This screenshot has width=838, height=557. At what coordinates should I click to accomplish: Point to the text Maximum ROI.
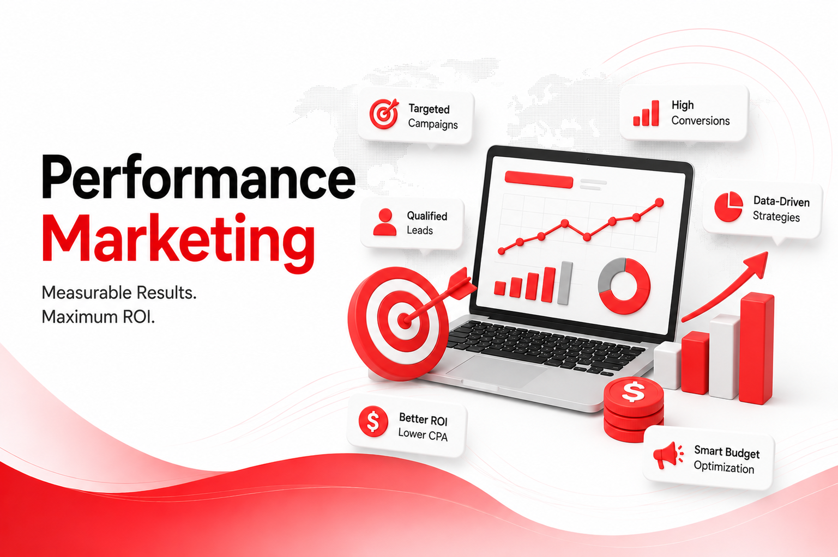pyautogui.click(x=98, y=317)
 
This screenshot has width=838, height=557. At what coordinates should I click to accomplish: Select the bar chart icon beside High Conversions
pyautogui.click(x=646, y=113)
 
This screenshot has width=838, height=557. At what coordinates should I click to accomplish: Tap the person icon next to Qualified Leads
pyautogui.click(x=384, y=222)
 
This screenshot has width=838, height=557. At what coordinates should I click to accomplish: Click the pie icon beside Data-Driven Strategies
pyautogui.click(x=728, y=206)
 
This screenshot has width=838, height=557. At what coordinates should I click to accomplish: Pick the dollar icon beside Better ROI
pyautogui.click(x=373, y=421)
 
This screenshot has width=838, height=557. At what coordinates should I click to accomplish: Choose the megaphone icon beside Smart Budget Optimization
pyautogui.click(x=668, y=455)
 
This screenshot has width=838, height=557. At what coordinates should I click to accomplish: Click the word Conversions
pyautogui.click(x=700, y=121)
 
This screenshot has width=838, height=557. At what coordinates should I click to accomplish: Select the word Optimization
pyautogui.click(x=724, y=467)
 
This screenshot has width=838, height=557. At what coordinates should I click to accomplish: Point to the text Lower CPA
pyautogui.click(x=423, y=434)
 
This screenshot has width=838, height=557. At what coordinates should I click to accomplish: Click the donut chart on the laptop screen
pyautogui.click(x=624, y=286)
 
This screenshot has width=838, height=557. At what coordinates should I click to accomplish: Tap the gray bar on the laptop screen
pyautogui.click(x=565, y=283)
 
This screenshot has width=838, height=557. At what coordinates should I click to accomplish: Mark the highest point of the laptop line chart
pyautogui.click(x=660, y=203)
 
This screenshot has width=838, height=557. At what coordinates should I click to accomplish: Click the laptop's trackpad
pyautogui.click(x=496, y=371)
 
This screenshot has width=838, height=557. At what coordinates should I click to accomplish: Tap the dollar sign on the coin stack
pyautogui.click(x=633, y=391)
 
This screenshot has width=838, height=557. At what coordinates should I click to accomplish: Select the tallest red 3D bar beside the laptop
pyautogui.click(x=756, y=348)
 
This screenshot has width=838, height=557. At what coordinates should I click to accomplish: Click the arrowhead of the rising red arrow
pyautogui.click(x=756, y=264)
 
